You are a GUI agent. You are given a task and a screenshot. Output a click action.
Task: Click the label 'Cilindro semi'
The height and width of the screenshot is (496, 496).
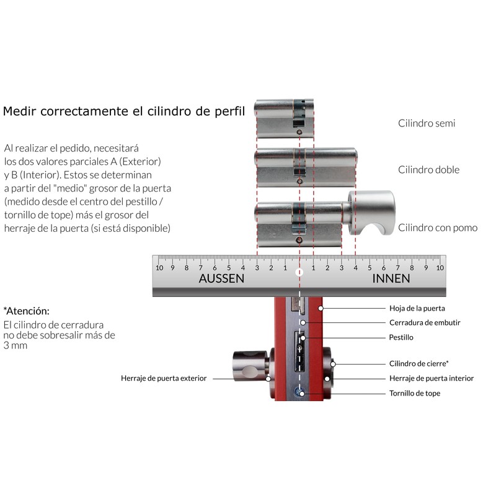coord(427,123)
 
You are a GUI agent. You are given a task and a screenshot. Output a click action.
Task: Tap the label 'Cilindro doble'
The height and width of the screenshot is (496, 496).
coord(428,170)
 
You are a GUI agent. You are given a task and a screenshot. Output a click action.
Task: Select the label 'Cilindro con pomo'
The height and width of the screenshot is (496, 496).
coord(438,228)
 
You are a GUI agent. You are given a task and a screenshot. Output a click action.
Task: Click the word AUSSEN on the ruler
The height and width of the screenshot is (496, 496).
coord(221,279)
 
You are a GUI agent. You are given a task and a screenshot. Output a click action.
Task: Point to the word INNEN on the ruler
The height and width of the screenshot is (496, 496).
coord(391,279)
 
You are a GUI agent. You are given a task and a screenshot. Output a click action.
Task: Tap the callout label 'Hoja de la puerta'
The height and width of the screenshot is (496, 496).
coord(417,308)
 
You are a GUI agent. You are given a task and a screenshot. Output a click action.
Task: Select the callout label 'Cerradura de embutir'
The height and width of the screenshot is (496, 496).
coord(425,322)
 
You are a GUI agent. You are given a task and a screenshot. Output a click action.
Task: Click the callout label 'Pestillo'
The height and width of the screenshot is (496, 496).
coord(401,337)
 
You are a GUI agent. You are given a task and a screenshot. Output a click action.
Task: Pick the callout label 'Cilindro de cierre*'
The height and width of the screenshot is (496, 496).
coord(419,363)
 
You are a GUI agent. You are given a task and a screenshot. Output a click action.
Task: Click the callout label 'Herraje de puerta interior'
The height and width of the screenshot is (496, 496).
coord(432,378)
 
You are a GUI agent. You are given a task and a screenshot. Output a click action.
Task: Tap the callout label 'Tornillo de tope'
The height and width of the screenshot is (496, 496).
coord(415,393)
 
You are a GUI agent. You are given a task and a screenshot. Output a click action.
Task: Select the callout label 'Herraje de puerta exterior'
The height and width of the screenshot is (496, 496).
coord(164,378)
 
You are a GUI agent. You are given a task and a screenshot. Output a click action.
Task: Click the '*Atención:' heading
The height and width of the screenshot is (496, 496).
coord(26,311)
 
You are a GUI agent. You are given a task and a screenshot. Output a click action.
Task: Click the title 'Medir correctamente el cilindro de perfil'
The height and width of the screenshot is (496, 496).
coord(124,112)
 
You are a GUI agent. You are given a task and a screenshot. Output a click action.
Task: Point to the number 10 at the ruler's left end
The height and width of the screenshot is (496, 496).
coord(159,268)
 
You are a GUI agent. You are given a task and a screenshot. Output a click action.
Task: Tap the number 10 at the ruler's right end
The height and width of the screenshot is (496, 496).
coord(440,268)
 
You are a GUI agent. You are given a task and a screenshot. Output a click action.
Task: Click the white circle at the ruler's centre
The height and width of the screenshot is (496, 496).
coord(299,272)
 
